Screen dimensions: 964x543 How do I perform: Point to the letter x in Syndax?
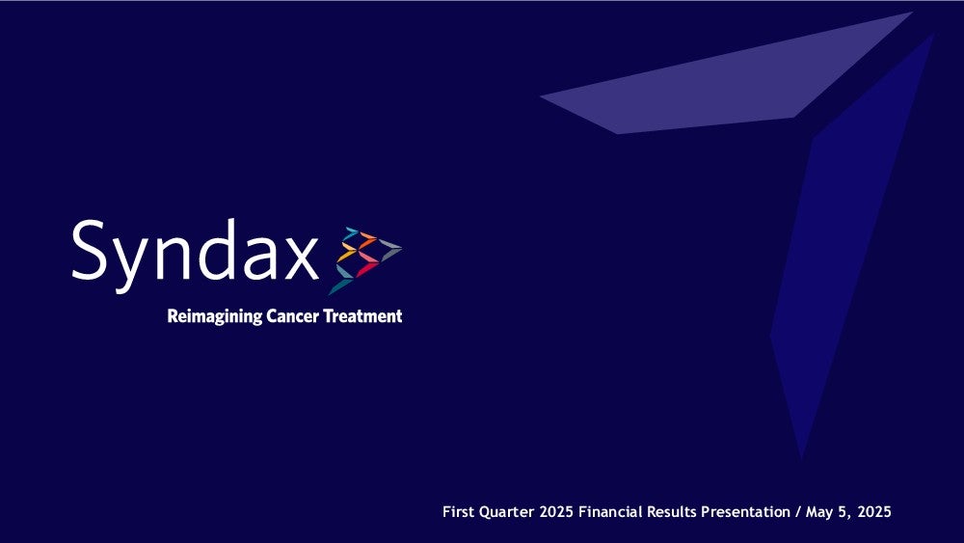301,258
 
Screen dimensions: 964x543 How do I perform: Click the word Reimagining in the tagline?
215,316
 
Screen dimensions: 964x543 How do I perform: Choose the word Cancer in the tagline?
293,316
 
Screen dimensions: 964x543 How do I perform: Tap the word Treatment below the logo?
362,316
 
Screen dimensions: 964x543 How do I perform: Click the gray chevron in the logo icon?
389,249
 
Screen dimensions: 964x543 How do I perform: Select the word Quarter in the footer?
507,511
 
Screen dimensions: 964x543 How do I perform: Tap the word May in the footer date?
818,512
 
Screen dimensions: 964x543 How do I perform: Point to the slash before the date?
798,512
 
